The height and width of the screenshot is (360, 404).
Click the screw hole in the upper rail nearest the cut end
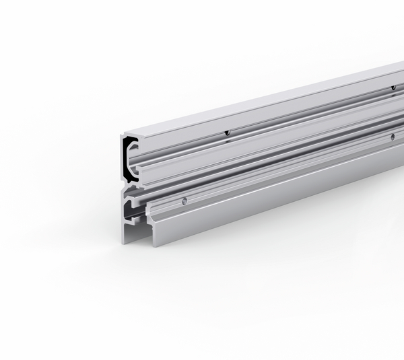coord(228,133)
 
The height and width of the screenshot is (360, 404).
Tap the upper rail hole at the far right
coord(393,87)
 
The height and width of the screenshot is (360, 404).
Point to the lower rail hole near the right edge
coord(392,137)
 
